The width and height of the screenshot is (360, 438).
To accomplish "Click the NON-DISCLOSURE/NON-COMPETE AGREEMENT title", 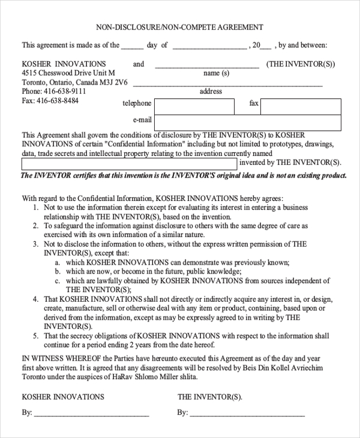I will tap(179, 28).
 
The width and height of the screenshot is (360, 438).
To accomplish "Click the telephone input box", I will tap(194, 107).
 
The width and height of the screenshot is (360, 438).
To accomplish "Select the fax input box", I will tap(301, 107).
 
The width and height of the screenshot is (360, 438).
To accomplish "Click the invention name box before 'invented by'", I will tap(129, 163).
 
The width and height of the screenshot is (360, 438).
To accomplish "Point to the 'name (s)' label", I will tap(217, 73).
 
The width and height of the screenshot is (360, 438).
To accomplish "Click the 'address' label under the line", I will tap(211, 91).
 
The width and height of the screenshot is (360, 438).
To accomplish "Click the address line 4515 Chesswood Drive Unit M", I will tap(68, 73).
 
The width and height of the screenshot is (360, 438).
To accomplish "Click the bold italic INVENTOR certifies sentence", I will tap(184, 176).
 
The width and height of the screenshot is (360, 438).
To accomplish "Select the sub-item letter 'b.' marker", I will tap(57, 272).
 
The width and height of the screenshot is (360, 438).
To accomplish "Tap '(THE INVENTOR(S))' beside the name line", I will tap(301, 64).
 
